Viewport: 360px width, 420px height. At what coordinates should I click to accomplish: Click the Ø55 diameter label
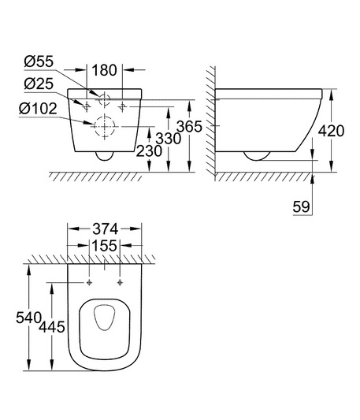(x=39, y=61)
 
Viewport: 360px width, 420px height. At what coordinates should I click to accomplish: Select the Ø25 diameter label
(x=39, y=84)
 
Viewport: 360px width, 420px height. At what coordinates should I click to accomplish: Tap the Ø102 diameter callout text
(x=38, y=109)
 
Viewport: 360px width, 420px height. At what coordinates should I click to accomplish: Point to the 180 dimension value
(x=105, y=70)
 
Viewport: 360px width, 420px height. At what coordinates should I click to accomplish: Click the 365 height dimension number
(x=189, y=126)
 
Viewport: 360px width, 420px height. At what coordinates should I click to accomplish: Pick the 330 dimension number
(x=169, y=139)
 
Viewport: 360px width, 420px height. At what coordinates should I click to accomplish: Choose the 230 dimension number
(x=149, y=151)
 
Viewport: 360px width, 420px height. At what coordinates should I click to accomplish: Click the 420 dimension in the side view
(x=331, y=131)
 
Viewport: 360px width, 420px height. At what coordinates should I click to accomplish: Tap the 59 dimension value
(x=302, y=206)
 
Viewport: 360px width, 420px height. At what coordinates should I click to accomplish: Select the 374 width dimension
(x=105, y=229)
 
